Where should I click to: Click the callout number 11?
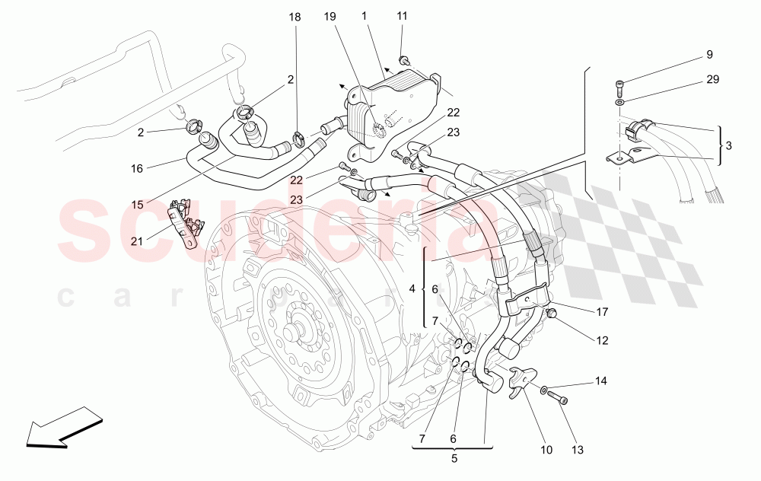tap(402, 15)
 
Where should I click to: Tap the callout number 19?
tap(329, 15)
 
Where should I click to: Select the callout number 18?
tap(295, 15)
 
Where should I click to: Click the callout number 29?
tap(712, 79)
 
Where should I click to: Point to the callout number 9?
tap(709, 55)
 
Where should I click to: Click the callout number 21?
tap(136, 241)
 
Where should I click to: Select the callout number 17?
tap(602, 311)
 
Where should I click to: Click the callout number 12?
tap(602, 341)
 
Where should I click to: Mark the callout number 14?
tap(601, 380)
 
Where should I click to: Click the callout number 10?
tap(546, 450)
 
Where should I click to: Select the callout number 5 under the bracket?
tap(454, 459)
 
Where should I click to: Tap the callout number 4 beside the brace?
tap(412, 289)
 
